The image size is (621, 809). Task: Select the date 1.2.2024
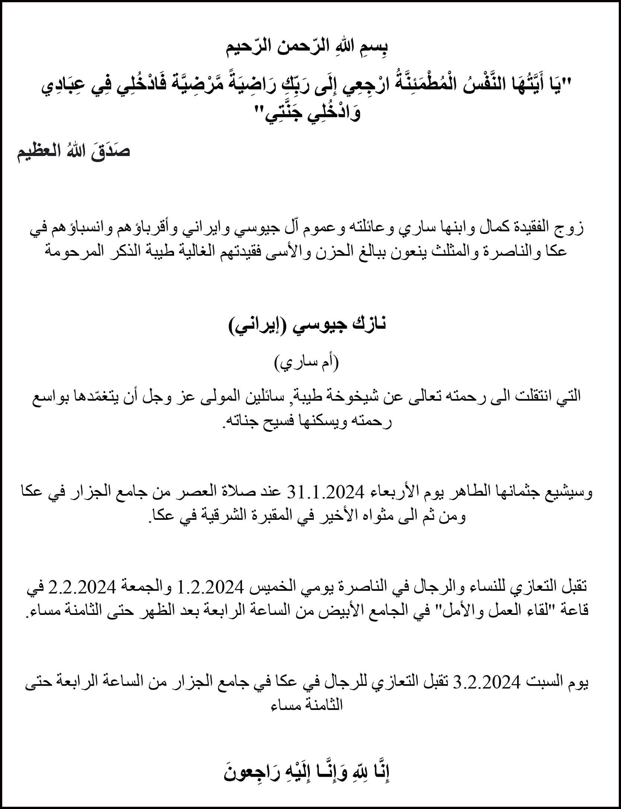(x=211, y=588)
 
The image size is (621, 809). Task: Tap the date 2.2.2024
(x=74, y=588)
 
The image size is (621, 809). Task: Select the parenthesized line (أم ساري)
(x=307, y=363)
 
